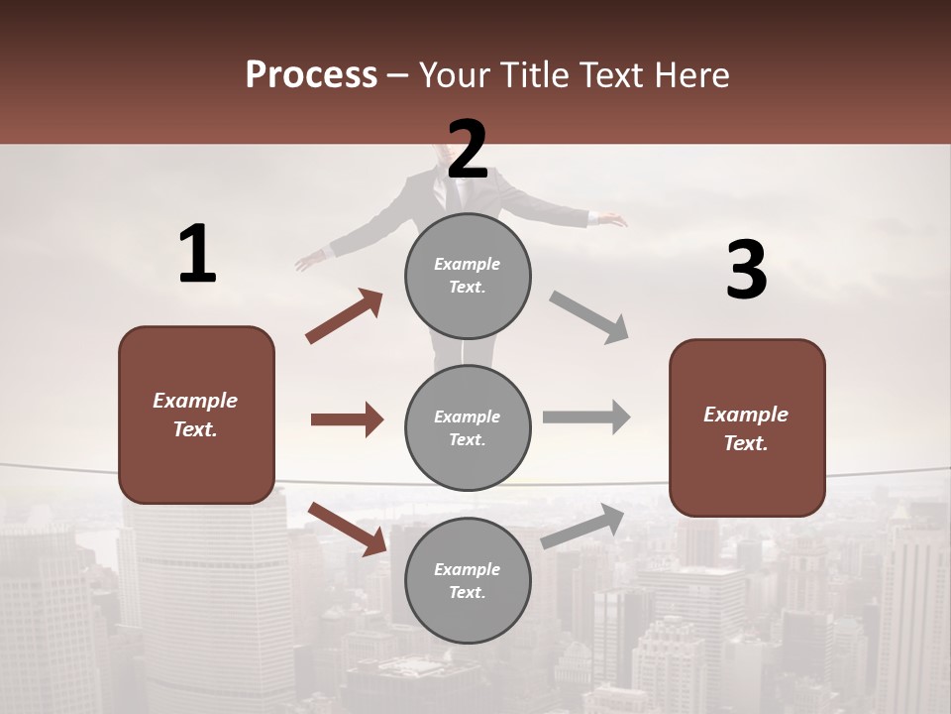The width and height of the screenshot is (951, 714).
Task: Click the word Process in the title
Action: (x=311, y=75)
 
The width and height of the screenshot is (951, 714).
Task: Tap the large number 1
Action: (x=197, y=255)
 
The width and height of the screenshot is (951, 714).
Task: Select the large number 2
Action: (x=468, y=150)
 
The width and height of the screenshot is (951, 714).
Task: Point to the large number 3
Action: (x=746, y=270)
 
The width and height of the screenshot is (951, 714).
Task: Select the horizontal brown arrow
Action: (x=347, y=419)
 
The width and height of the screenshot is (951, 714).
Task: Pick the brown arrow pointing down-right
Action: (x=347, y=528)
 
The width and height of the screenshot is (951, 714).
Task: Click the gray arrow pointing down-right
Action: (x=589, y=316)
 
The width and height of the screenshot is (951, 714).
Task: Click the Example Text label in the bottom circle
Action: (x=468, y=581)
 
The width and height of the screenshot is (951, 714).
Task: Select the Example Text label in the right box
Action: (x=746, y=428)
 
